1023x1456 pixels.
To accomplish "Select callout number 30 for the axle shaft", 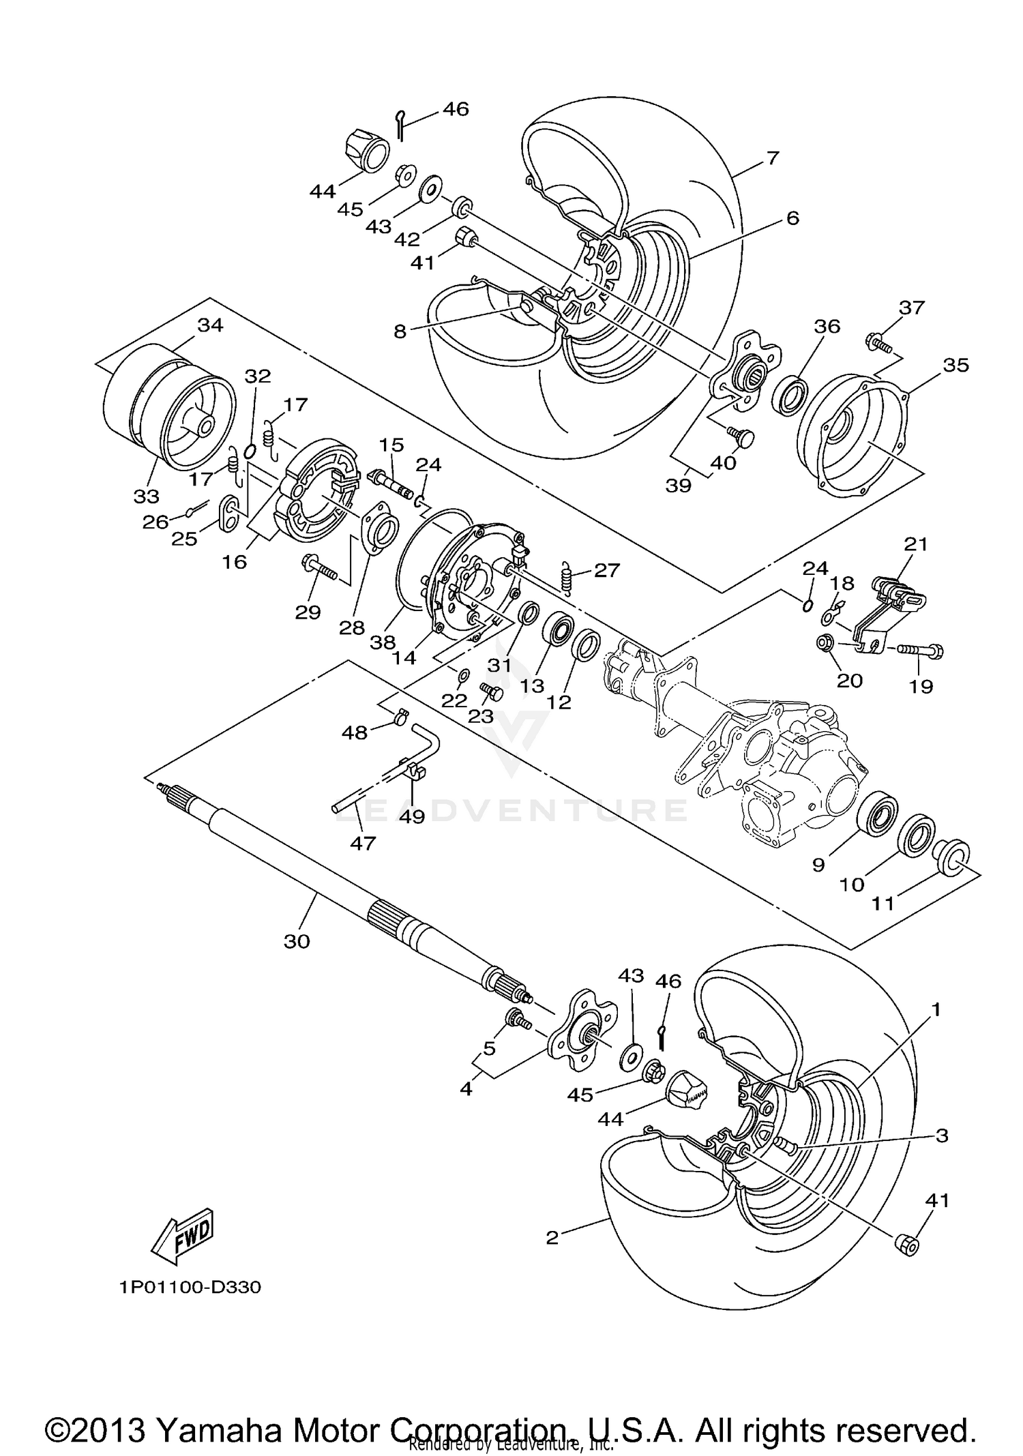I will coord(297,941).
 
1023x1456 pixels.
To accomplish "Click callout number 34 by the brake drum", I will coord(210,325).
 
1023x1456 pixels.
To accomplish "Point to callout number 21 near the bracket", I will coord(916,544).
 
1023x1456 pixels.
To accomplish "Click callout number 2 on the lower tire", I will coord(552,1238).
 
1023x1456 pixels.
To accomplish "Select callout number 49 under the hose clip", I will coord(412,816).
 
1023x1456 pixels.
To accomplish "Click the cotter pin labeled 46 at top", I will coord(401,125).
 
